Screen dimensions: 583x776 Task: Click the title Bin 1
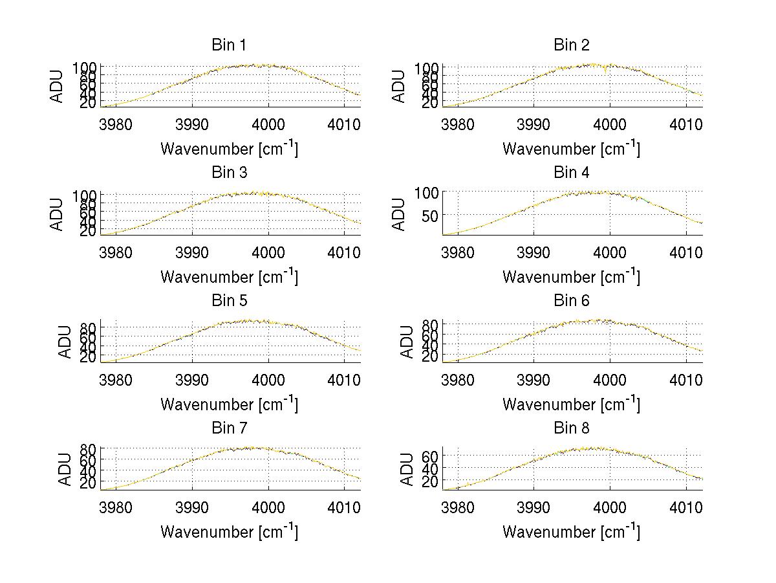[x=229, y=45]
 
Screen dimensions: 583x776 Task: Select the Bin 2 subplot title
[x=571, y=45]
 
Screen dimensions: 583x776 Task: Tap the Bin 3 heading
[x=229, y=173]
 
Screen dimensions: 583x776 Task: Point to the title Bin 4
[x=571, y=173]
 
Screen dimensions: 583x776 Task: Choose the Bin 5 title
[x=229, y=301]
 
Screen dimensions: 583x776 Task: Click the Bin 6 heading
[x=571, y=301]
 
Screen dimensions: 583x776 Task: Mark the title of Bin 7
[x=229, y=428]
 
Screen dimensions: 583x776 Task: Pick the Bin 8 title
[x=571, y=428]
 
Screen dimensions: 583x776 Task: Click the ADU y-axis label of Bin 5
[x=65, y=341]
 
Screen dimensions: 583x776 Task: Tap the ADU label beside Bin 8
[x=407, y=468]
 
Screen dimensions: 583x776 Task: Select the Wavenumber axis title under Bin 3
[x=229, y=276]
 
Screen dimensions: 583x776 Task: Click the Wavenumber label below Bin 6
[x=571, y=404]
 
